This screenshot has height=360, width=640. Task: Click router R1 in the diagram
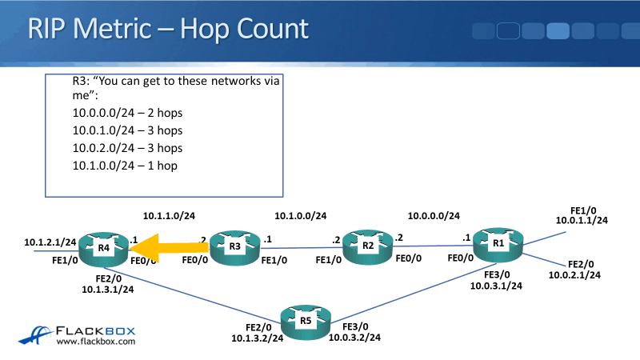pyautogui.click(x=498, y=243)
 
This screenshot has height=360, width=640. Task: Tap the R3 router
pyautogui.click(x=235, y=247)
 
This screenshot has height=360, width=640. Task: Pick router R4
pyautogui.click(x=104, y=249)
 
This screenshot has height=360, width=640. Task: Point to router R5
pyautogui.click(x=306, y=322)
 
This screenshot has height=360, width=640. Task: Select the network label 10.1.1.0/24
pyautogui.click(x=169, y=216)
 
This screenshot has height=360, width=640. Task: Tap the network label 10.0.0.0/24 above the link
pyautogui.click(x=434, y=216)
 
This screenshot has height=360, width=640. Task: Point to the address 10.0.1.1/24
pyautogui.click(x=582, y=220)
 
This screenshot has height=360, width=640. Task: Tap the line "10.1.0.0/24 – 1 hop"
pyautogui.click(x=125, y=166)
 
